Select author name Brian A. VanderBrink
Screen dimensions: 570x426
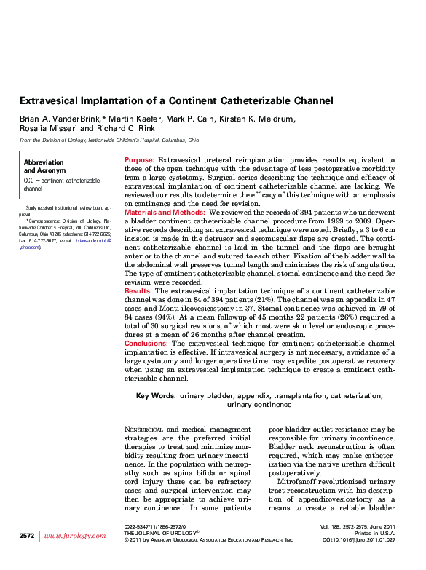tap(60, 118)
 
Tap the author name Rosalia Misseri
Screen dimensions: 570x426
tap(44, 127)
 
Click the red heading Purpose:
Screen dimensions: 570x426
tap(139, 159)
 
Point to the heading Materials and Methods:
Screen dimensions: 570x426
tap(165, 212)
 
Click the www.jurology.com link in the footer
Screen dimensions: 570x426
tap(75, 536)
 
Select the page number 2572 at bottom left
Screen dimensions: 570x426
tap(27, 536)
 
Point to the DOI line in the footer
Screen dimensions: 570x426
tap(358, 540)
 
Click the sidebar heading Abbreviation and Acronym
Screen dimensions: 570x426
tap(44, 166)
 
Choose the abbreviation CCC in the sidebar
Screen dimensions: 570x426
tap(30, 179)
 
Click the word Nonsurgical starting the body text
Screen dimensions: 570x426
tap(144, 430)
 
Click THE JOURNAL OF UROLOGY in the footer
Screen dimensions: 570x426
tap(159, 533)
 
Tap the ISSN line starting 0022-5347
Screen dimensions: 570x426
tap(155, 526)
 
